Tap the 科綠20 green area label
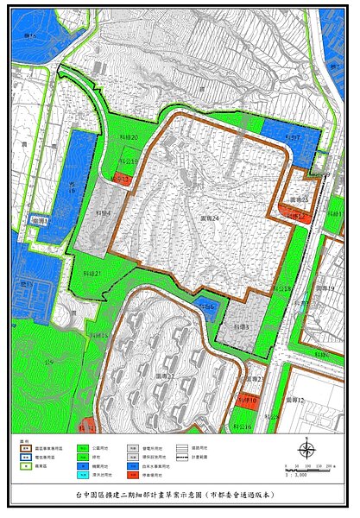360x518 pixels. pyautogui.click(x=129, y=136)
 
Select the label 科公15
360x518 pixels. pyautogui.click(x=129, y=161)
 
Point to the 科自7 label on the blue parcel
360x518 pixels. pyautogui.click(x=291, y=137)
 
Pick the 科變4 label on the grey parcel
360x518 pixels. pyautogui.click(x=103, y=213)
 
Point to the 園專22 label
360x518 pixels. pyautogui.click(x=165, y=376)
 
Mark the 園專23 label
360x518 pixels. pyautogui.click(x=254, y=378)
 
